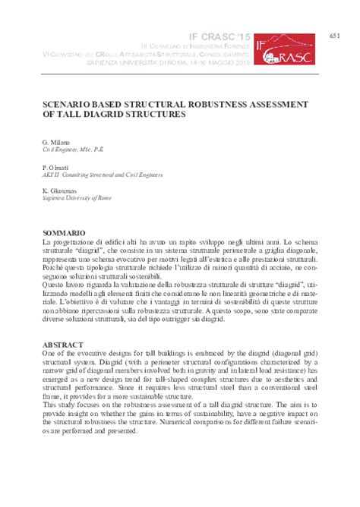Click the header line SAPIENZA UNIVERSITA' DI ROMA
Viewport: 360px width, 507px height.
[x=190, y=62]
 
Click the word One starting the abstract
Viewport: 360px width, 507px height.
[x=49, y=353]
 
